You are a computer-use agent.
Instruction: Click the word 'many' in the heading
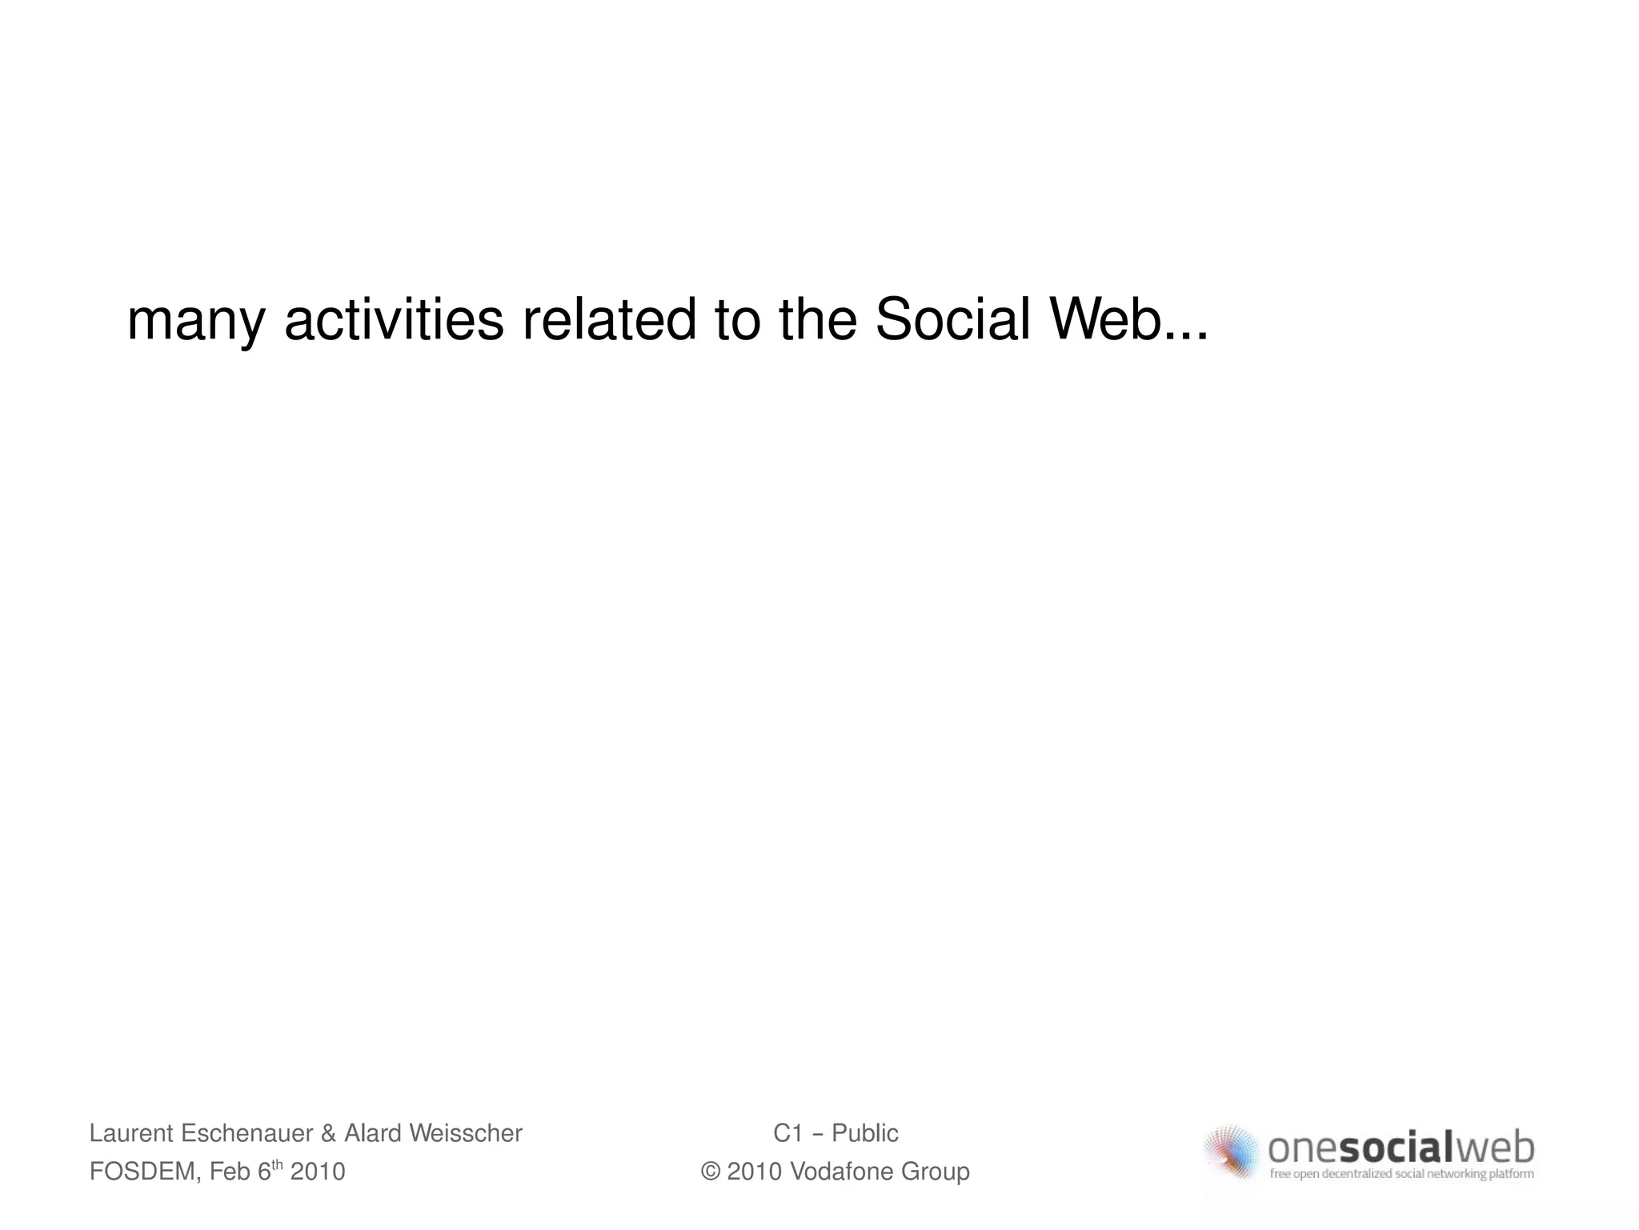coord(195,322)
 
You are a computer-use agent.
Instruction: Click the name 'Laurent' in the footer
coord(131,1133)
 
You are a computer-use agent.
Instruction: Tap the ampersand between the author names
coord(328,1133)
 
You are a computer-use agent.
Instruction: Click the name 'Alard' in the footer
coord(372,1133)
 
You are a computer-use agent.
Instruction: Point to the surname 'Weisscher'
coord(465,1133)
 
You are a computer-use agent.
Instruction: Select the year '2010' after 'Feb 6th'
coord(318,1172)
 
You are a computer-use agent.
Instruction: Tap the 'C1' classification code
coord(788,1133)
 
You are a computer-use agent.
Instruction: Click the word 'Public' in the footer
coord(865,1133)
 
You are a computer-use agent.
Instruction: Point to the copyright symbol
coord(710,1172)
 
